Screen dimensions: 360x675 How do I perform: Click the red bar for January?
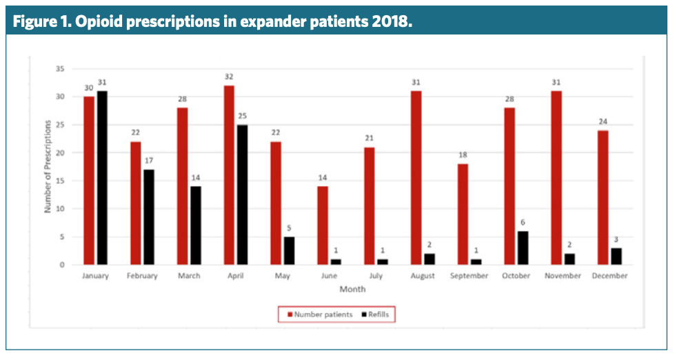[88, 181]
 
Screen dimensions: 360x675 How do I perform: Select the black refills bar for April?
[243, 195]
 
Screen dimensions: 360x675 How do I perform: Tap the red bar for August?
[415, 178]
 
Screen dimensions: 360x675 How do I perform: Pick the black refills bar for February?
[149, 217]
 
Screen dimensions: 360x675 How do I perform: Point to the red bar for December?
[603, 197]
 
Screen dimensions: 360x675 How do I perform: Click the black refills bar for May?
[290, 251]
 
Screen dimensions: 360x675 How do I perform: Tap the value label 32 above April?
[229, 77]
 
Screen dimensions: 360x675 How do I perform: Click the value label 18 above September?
[463, 156]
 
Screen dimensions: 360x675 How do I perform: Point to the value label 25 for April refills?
[243, 117]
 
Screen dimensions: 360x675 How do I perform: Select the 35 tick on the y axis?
[60, 69]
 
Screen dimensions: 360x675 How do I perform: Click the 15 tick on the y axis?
[60, 181]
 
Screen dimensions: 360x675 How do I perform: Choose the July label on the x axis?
[376, 276]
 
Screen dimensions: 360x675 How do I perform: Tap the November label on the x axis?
[563, 276]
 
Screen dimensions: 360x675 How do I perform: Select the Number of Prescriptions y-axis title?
[48, 166]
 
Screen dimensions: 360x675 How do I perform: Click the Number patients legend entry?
[319, 314]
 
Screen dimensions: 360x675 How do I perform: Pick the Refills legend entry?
[376, 314]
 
